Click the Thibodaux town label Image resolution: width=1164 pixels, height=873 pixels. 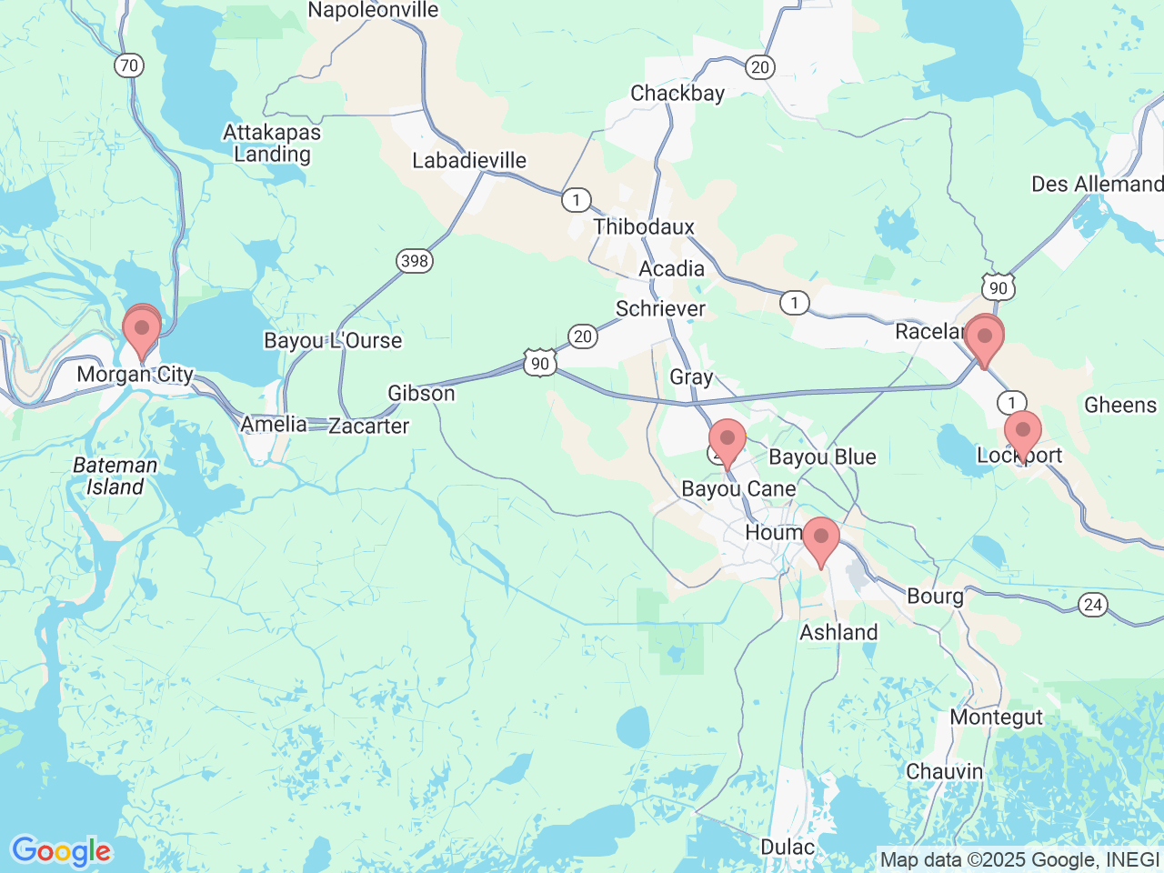pyautogui.click(x=644, y=226)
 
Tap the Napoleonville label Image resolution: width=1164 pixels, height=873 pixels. pyautogui.click(x=373, y=11)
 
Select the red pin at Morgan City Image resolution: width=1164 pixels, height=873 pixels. pyautogui.click(x=141, y=333)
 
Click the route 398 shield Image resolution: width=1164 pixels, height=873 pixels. pyautogui.click(x=414, y=261)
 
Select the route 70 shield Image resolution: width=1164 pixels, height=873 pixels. pyautogui.click(x=129, y=65)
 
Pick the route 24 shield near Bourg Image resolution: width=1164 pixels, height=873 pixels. pyautogui.click(x=1092, y=605)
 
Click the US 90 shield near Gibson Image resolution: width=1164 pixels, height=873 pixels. pyautogui.click(x=540, y=364)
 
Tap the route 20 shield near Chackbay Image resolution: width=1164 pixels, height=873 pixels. pyautogui.click(x=759, y=66)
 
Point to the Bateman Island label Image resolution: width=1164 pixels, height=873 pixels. pyautogui.click(x=115, y=476)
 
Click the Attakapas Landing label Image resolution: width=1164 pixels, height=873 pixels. pyautogui.click(x=272, y=143)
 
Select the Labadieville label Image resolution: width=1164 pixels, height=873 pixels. pyautogui.click(x=469, y=161)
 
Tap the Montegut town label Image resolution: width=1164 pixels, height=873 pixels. pyautogui.click(x=996, y=717)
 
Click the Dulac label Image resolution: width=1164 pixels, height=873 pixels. pyautogui.click(x=788, y=848)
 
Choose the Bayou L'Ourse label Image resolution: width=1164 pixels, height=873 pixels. pyautogui.click(x=333, y=341)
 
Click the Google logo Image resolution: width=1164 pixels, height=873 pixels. pyautogui.click(x=61, y=851)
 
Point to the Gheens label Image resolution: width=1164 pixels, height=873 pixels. pyautogui.click(x=1119, y=406)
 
